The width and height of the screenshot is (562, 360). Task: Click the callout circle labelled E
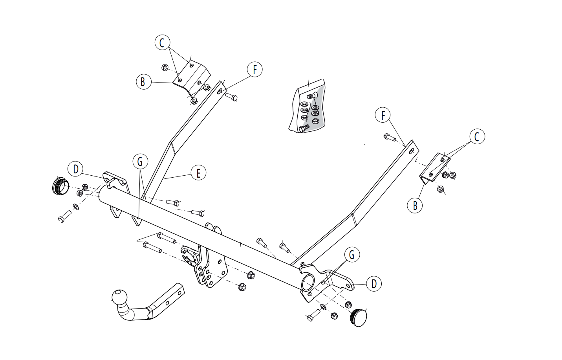click(198, 173)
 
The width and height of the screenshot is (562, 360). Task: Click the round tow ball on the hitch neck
click(119, 297)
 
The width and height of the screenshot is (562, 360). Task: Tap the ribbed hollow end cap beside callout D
click(60, 186)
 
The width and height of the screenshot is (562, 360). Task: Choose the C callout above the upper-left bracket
click(162, 42)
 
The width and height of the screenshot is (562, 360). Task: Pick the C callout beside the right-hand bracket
click(477, 136)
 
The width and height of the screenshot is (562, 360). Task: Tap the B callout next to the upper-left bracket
click(144, 82)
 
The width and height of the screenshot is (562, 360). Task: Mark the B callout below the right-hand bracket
click(415, 206)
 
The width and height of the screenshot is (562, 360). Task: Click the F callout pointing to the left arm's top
click(254, 69)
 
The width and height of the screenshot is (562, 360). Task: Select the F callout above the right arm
click(383, 115)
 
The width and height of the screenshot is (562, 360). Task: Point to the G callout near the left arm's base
click(140, 161)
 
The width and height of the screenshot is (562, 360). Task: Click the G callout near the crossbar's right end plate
click(352, 255)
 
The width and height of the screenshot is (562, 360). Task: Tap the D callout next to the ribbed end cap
click(75, 169)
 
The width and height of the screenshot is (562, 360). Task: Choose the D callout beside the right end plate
click(373, 284)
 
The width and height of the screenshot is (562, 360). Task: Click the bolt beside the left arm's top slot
click(231, 97)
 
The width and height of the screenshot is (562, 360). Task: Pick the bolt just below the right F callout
click(390, 137)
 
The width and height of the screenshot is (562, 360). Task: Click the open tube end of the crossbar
click(308, 282)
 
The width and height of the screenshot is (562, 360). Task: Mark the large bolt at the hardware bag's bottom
click(304, 128)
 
